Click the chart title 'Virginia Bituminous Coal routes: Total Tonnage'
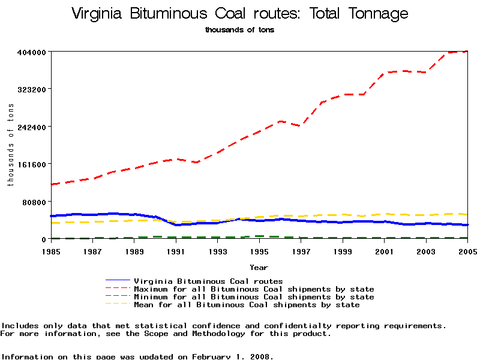[x=239, y=14]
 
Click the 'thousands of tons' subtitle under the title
[x=239, y=30]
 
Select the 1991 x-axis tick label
[x=176, y=251]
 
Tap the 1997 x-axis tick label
[x=301, y=251]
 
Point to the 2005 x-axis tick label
[x=466, y=251]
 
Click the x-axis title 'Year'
[x=259, y=267]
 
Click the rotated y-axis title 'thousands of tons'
[x=10, y=145]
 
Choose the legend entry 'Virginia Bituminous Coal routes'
[x=208, y=281]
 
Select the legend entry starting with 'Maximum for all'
[x=254, y=289]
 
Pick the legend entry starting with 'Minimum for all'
[x=254, y=297]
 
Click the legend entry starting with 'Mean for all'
[x=247, y=305]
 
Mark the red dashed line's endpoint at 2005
[x=467, y=52]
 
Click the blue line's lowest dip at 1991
[x=176, y=225]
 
